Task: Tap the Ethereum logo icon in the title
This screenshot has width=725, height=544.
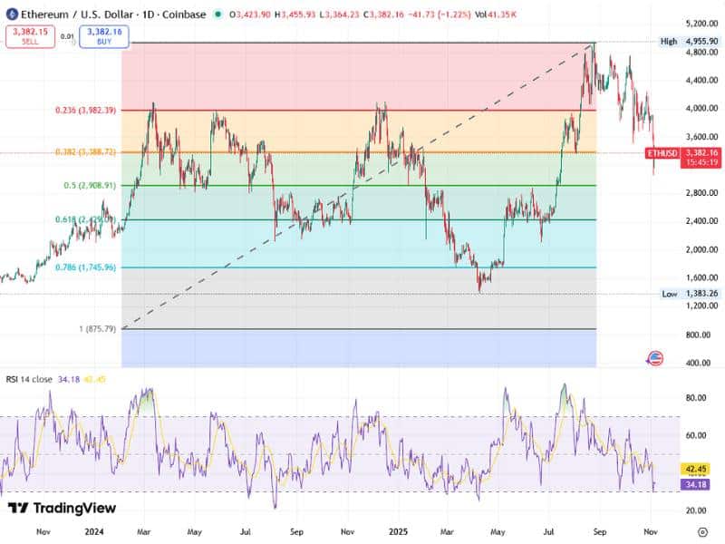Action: point(12,15)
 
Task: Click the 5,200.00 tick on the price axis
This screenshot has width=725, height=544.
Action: point(701,23)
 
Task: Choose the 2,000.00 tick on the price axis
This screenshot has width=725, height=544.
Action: point(701,249)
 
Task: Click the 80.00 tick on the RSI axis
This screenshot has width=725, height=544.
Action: point(697,397)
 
